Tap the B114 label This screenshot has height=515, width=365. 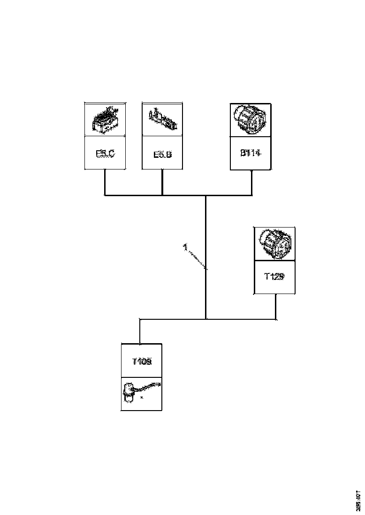pyautogui.click(x=250, y=153)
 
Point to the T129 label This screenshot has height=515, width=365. pyautogui.click(x=274, y=277)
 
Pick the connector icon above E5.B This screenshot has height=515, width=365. pyautogui.click(x=162, y=119)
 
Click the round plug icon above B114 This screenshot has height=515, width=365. pyautogui.click(x=250, y=119)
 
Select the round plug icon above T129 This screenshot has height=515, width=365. pyautogui.click(x=274, y=244)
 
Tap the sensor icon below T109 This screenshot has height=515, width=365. pyautogui.click(x=140, y=394)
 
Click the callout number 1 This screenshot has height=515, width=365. pyautogui.click(x=185, y=247)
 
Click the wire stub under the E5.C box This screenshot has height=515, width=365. pyautogui.click(x=105, y=182)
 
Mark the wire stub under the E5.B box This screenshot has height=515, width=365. pyautogui.click(x=162, y=182)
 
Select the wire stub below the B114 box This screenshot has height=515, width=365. pyautogui.click(x=252, y=183)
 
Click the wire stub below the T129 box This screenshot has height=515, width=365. pyautogui.click(x=275, y=307)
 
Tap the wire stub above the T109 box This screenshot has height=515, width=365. pyautogui.click(x=140, y=331)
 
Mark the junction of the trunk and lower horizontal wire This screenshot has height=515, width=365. pyautogui.click(x=206, y=319)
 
